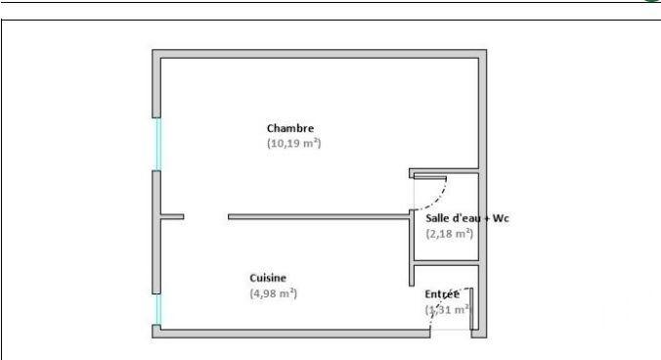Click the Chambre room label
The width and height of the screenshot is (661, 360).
(x=290, y=128)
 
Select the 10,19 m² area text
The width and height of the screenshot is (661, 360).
(x=293, y=143)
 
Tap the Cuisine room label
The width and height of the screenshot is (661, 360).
(x=268, y=278)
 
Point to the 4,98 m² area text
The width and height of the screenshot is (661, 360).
(x=273, y=292)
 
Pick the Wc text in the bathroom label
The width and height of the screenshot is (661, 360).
(x=502, y=218)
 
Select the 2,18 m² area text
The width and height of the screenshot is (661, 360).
(x=450, y=233)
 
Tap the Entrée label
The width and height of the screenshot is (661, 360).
(x=442, y=293)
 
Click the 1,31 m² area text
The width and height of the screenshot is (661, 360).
(x=448, y=309)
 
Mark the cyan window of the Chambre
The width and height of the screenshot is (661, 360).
(x=157, y=145)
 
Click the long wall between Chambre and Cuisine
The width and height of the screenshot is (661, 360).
(x=318, y=216)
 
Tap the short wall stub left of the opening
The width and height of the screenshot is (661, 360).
(x=171, y=216)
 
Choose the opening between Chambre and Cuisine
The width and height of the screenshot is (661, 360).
(x=205, y=216)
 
